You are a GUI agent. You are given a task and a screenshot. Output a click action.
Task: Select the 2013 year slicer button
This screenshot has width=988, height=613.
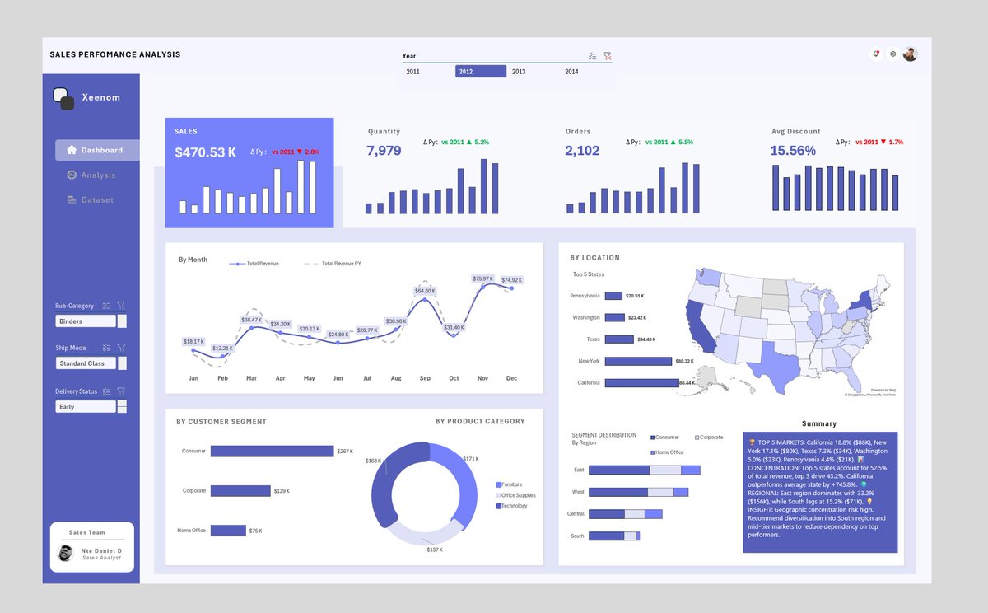[519, 72]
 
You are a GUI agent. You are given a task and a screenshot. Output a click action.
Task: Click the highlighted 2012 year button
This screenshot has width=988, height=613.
[480, 72]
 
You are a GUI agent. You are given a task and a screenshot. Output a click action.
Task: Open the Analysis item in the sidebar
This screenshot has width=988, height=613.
[97, 175]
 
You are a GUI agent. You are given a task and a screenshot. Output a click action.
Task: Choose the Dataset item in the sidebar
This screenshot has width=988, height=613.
[96, 200]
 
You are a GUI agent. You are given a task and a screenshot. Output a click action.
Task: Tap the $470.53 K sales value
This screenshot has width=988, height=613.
[206, 152]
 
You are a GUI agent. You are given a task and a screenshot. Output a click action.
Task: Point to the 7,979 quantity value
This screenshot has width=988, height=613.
[384, 151]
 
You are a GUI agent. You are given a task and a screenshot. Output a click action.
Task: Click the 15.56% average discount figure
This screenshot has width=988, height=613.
[793, 151]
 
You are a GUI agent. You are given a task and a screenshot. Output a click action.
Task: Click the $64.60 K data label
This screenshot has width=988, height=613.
[425, 291]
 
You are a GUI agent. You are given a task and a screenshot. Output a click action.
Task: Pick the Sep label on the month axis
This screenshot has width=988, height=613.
[425, 378]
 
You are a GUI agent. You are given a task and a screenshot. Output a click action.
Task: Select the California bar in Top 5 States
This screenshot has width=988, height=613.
[641, 383]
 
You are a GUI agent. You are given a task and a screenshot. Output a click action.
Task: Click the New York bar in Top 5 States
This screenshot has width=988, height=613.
[638, 361]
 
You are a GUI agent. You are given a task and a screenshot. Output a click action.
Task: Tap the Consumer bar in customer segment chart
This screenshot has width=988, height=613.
[272, 452]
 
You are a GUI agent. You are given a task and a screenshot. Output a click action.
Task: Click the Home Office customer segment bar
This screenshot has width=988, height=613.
[228, 531]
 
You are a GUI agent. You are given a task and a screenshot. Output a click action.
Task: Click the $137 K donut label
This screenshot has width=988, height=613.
[435, 550]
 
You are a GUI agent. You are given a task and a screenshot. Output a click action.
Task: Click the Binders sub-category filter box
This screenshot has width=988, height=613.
[86, 321]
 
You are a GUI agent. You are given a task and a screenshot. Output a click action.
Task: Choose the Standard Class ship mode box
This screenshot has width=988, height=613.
[86, 363]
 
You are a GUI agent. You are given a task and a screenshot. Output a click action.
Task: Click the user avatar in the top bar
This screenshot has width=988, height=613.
[910, 54]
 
